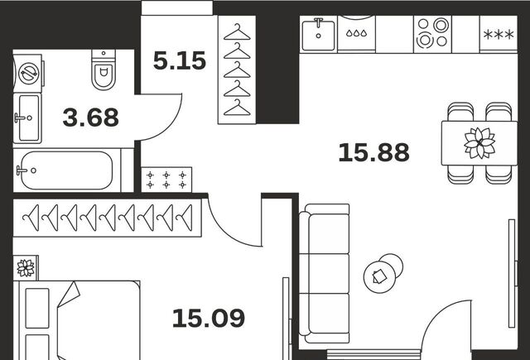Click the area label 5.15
click(x=180, y=60)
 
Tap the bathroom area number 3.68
click(x=90, y=118)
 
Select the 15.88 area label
click(x=373, y=152)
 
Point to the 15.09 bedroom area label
click(x=209, y=318)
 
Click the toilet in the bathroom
click(x=104, y=70)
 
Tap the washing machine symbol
click(x=28, y=74)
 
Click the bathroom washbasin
click(x=27, y=118)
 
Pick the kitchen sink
click(x=318, y=35)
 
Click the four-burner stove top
click(x=432, y=33)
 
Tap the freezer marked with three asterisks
click(x=499, y=34)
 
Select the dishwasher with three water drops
click(x=356, y=33)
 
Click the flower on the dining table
click(x=479, y=143)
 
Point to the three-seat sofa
click(x=325, y=274)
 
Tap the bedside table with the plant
click(x=26, y=268)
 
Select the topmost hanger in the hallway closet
click(x=237, y=33)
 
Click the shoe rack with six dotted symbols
click(x=166, y=180)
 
